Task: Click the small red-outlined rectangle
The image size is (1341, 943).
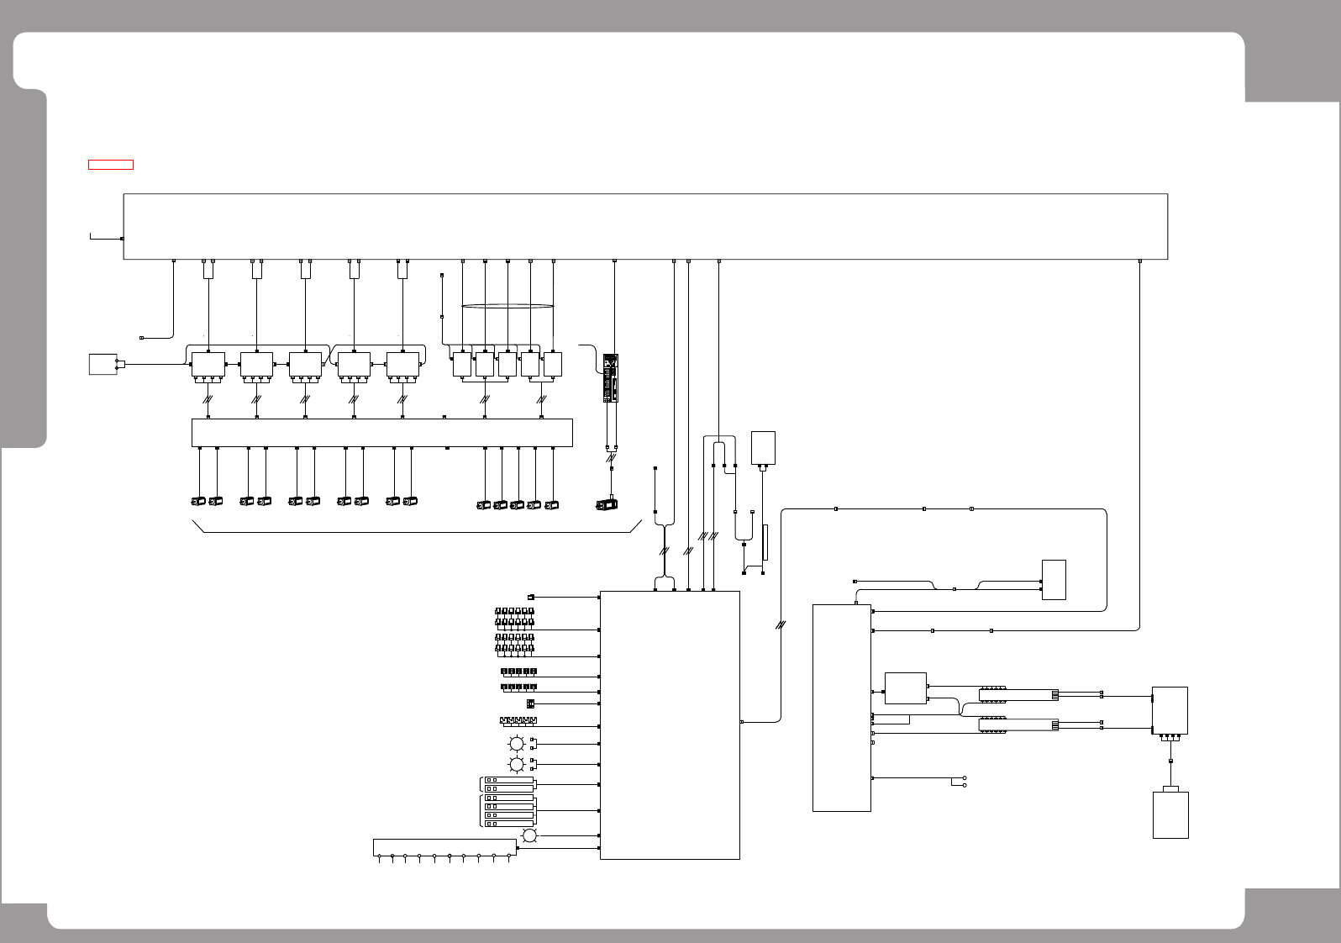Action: click(111, 164)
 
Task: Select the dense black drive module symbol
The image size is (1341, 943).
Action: click(611, 378)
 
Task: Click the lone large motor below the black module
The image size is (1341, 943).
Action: click(606, 504)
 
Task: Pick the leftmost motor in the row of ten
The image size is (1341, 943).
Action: click(198, 501)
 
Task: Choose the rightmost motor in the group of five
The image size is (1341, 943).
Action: click(551, 504)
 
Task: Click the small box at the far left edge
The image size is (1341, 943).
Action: click(103, 364)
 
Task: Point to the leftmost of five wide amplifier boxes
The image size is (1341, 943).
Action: click(208, 365)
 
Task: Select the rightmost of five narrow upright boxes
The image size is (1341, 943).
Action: click(553, 364)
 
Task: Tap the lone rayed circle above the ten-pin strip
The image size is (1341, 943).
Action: click(530, 835)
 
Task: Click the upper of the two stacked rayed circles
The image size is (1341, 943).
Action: click(517, 744)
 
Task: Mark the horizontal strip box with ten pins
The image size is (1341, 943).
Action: click(444, 847)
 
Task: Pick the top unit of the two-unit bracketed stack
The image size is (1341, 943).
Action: click(508, 780)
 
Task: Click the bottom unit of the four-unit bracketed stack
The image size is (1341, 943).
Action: click(508, 824)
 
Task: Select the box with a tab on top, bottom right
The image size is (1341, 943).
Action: click(1170, 814)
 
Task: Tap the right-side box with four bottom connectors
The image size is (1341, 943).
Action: click(1170, 710)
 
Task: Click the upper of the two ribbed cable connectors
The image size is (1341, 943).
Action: click(993, 694)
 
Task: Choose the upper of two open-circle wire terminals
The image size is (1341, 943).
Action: click(965, 777)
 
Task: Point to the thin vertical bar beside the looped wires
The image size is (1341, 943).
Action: click(765, 542)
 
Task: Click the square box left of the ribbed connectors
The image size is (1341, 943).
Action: click(906, 688)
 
